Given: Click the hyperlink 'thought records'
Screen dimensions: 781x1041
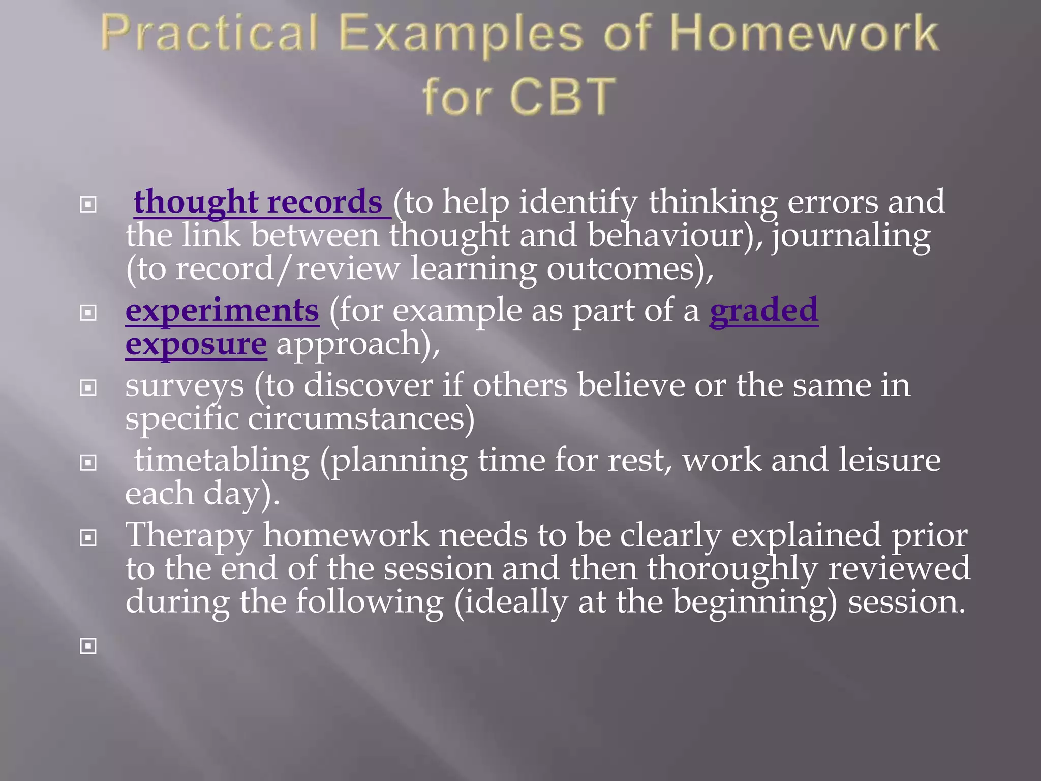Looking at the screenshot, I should click(258, 202).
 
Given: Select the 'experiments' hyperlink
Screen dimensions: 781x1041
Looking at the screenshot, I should click(222, 311).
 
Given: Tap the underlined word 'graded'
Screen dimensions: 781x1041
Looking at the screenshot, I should click(763, 311).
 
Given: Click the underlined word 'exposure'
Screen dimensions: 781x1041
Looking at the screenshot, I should click(196, 344).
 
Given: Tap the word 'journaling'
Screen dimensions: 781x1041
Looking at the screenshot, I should click(851, 236).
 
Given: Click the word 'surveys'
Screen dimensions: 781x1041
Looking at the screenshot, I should click(185, 385).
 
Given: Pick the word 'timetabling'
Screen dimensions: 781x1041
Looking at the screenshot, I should click(222, 460).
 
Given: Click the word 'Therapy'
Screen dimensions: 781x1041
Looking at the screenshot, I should click(189, 535).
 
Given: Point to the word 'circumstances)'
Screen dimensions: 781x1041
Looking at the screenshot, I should click(361, 419).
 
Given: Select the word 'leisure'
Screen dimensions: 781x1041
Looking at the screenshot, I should click(889, 460).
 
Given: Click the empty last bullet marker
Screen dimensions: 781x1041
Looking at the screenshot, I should click(88, 646).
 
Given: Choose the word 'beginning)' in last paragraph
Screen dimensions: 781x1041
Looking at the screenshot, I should click(755, 602).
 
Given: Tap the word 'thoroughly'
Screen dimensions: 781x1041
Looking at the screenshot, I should click(732, 568).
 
